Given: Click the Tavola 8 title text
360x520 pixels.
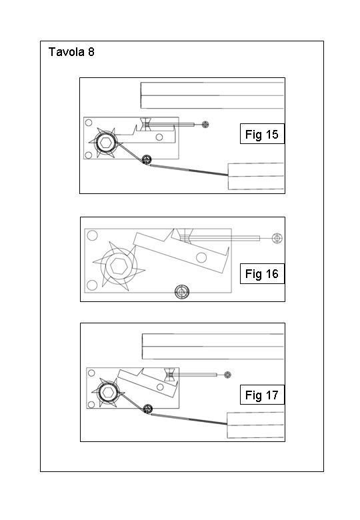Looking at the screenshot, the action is point(71,52).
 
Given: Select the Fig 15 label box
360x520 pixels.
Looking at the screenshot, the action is point(262,134).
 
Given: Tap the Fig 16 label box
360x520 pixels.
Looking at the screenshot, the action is point(262,273).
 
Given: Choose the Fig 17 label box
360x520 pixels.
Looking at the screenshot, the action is point(262,395).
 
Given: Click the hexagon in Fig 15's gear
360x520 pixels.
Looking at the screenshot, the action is point(106,143).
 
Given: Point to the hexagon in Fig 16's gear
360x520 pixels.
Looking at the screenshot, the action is point(119,266).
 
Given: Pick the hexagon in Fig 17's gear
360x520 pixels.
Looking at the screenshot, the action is point(108,392).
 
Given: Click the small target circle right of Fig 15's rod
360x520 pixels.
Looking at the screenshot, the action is point(205,125).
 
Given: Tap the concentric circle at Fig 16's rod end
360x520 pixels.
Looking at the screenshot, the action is point(277,238).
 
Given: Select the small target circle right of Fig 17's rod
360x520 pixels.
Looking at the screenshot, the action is point(227,375).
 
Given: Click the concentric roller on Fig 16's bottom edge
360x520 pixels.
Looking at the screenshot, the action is point(181,292).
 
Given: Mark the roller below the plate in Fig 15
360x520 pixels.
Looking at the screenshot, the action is point(146,159).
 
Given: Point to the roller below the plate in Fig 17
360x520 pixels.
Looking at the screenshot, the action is point(147,409).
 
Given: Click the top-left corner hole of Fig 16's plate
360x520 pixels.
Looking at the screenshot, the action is point(92,235).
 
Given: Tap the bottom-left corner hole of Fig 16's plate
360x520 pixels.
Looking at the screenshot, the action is point(92,285).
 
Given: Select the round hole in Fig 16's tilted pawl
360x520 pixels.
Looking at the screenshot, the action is point(201,257).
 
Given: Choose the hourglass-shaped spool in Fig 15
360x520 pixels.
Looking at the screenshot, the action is point(145,124).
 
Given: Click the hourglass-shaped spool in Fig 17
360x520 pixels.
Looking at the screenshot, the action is point(170,375).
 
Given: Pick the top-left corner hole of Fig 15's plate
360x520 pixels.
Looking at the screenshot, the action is point(89,123).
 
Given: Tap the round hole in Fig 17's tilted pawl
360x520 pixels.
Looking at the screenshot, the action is point(160,387).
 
